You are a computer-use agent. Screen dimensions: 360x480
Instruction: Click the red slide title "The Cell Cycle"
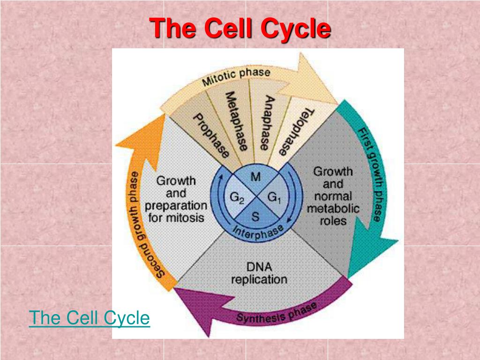(240, 28)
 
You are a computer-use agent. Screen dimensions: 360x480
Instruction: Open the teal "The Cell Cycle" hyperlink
(90, 318)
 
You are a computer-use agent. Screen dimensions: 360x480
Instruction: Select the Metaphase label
(236, 121)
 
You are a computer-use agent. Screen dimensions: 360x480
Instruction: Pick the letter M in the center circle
(256, 177)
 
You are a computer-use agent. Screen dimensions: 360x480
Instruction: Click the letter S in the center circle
(255, 217)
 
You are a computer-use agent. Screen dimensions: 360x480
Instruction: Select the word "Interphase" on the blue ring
(259, 231)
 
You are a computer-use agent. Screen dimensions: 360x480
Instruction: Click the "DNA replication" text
(259, 273)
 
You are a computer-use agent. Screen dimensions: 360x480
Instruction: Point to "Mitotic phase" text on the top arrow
(236, 78)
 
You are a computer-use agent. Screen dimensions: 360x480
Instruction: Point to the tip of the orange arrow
(164, 115)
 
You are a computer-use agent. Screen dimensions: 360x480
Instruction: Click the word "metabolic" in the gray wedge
(333, 208)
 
